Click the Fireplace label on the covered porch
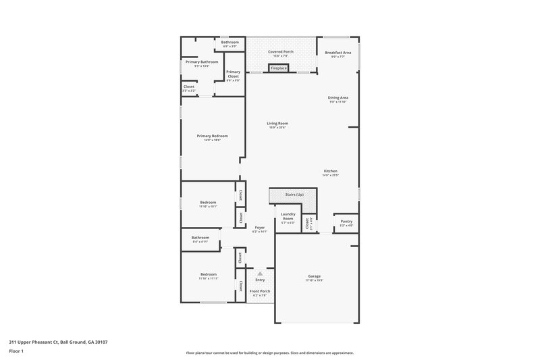[x=279, y=68]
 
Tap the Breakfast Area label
[x=337, y=53]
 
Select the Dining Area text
[x=337, y=97]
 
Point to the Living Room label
[x=277, y=123]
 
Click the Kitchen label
[x=330, y=171]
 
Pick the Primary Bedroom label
[x=209, y=136]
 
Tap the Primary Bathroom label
[x=202, y=61]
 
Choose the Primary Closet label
[x=233, y=74]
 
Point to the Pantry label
[x=346, y=221]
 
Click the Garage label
[x=314, y=276]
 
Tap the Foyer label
[x=260, y=228]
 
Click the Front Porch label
[x=260, y=291]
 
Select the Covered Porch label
[x=280, y=51]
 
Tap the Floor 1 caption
[x=17, y=351]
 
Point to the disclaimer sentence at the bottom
[x=270, y=353]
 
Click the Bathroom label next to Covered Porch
[x=230, y=42]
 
